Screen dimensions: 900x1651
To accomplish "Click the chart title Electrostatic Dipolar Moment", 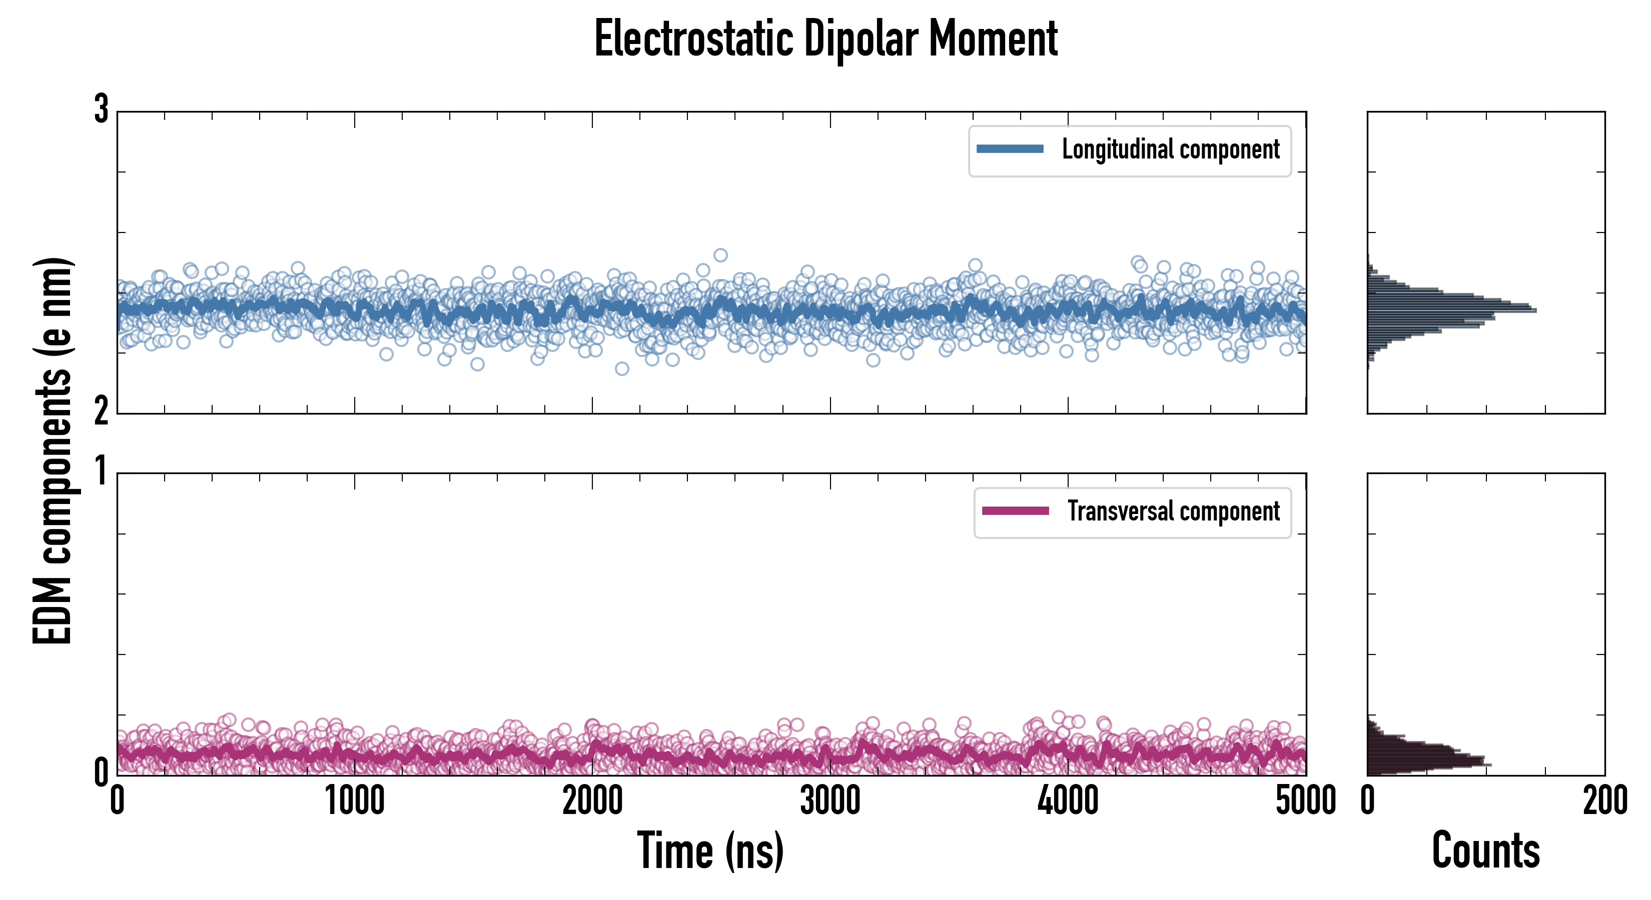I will tap(825, 39).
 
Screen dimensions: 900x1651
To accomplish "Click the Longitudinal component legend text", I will tap(1170, 150).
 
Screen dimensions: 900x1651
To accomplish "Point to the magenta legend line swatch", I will tap(1015, 511).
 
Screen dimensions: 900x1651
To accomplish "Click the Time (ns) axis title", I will tap(710, 850).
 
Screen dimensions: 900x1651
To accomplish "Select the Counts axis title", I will tap(1485, 850).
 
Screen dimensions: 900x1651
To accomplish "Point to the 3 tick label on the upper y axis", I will tap(101, 110).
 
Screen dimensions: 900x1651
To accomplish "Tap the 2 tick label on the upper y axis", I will tap(101, 412).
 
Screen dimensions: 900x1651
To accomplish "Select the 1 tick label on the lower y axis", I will tap(101, 472).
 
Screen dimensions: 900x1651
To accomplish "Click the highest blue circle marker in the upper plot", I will tap(720, 255).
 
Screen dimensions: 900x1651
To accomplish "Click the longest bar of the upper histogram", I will tap(1452, 310).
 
